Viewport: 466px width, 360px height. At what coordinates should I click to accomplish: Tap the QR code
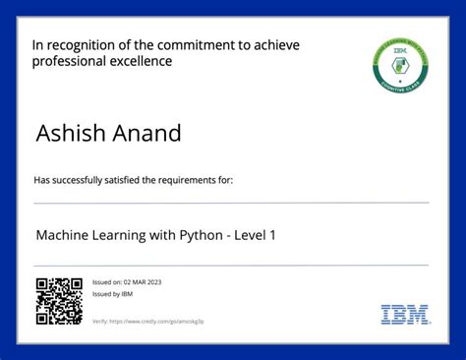pos(59,301)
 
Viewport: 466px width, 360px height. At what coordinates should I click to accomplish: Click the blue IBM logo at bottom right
pos(404,315)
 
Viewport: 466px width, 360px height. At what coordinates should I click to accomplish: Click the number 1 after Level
pos(300,236)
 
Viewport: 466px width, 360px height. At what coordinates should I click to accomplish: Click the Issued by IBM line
pos(113,293)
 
